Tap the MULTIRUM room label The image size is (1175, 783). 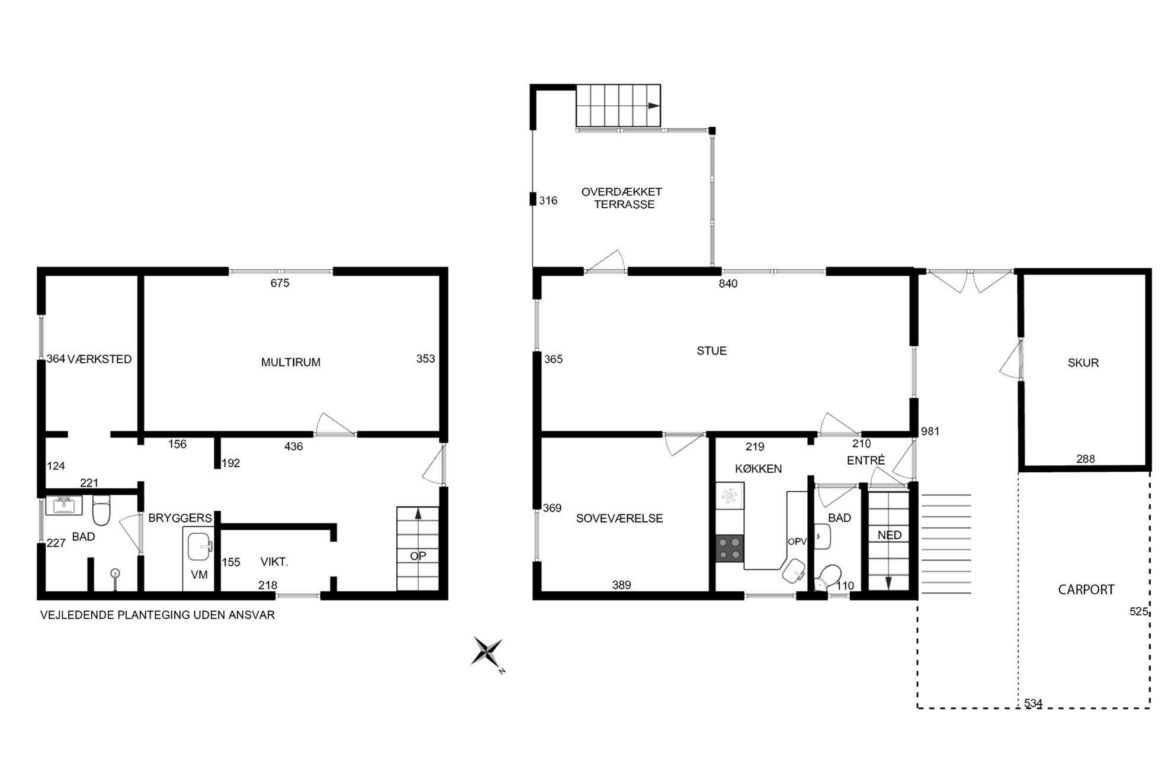click(291, 362)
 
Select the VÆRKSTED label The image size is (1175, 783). click(99, 359)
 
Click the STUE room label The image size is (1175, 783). click(711, 351)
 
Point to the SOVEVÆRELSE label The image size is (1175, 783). click(619, 518)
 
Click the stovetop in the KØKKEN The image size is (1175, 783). click(730, 548)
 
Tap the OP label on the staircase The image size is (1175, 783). click(418, 556)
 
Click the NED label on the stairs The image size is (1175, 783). click(889, 535)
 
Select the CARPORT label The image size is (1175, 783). click(1086, 589)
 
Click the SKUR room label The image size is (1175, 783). click(1083, 363)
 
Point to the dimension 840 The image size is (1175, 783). click(728, 283)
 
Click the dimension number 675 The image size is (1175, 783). click(280, 283)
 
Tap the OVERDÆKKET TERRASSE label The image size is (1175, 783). click(622, 198)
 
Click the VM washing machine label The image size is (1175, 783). click(199, 575)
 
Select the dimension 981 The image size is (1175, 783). click(930, 431)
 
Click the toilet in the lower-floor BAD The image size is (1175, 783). click(101, 511)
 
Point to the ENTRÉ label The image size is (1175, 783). click(866, 460)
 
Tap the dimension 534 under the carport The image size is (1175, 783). click(1033, 703)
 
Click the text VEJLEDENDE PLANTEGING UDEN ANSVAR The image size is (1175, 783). click(158, 615)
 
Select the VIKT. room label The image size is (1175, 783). click(274, 562)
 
